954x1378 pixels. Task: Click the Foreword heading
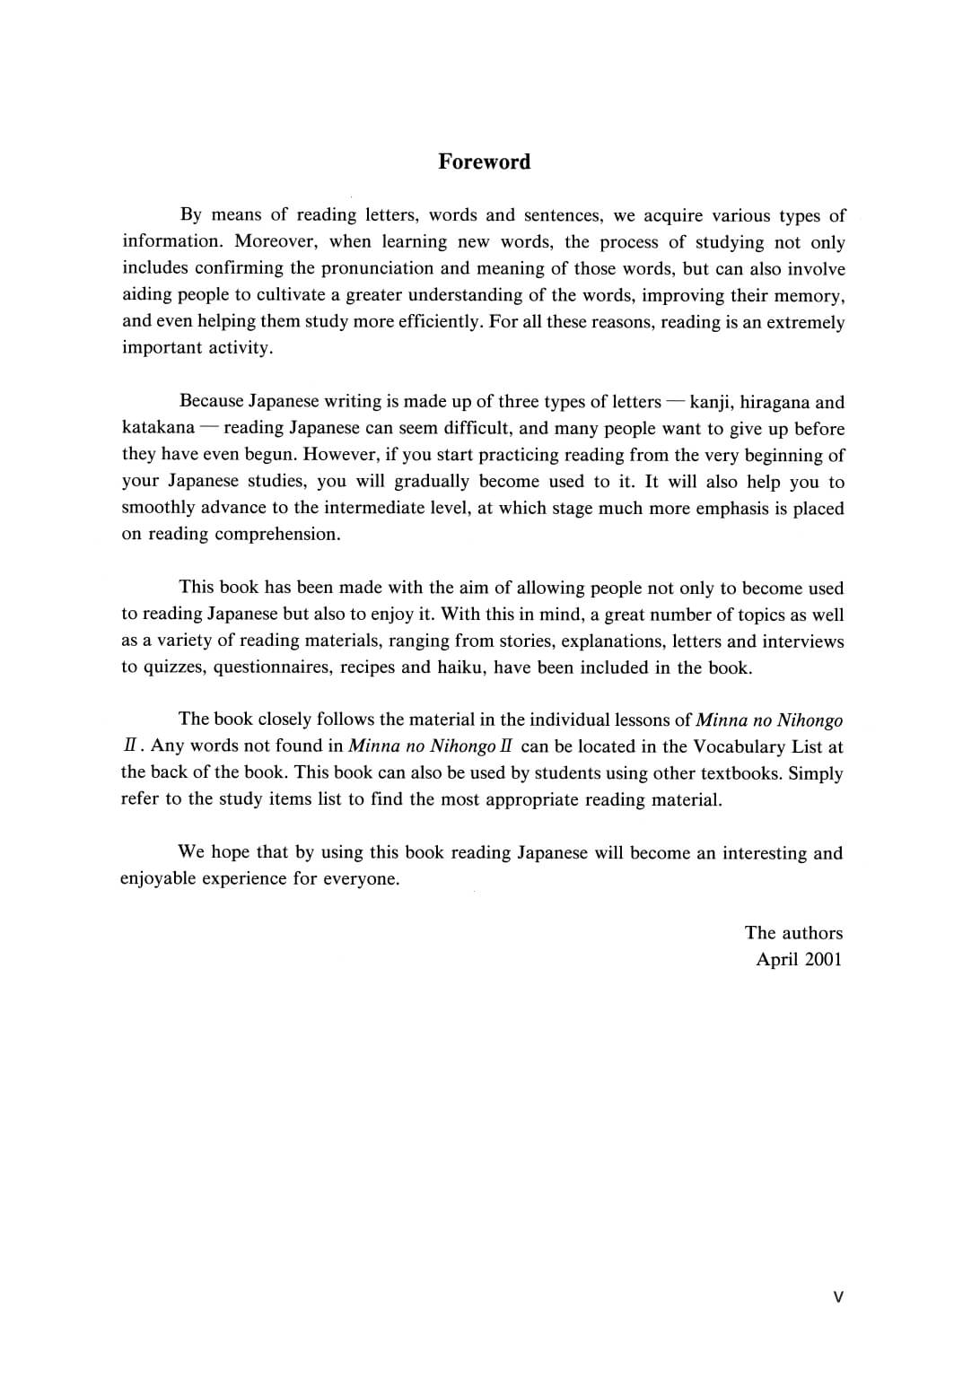484,161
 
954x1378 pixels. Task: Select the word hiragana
775,402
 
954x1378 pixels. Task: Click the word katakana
158,428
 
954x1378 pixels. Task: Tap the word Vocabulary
739,746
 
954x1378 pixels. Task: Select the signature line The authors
793,933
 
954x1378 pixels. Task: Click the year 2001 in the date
823,959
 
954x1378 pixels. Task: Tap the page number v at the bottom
837,1296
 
